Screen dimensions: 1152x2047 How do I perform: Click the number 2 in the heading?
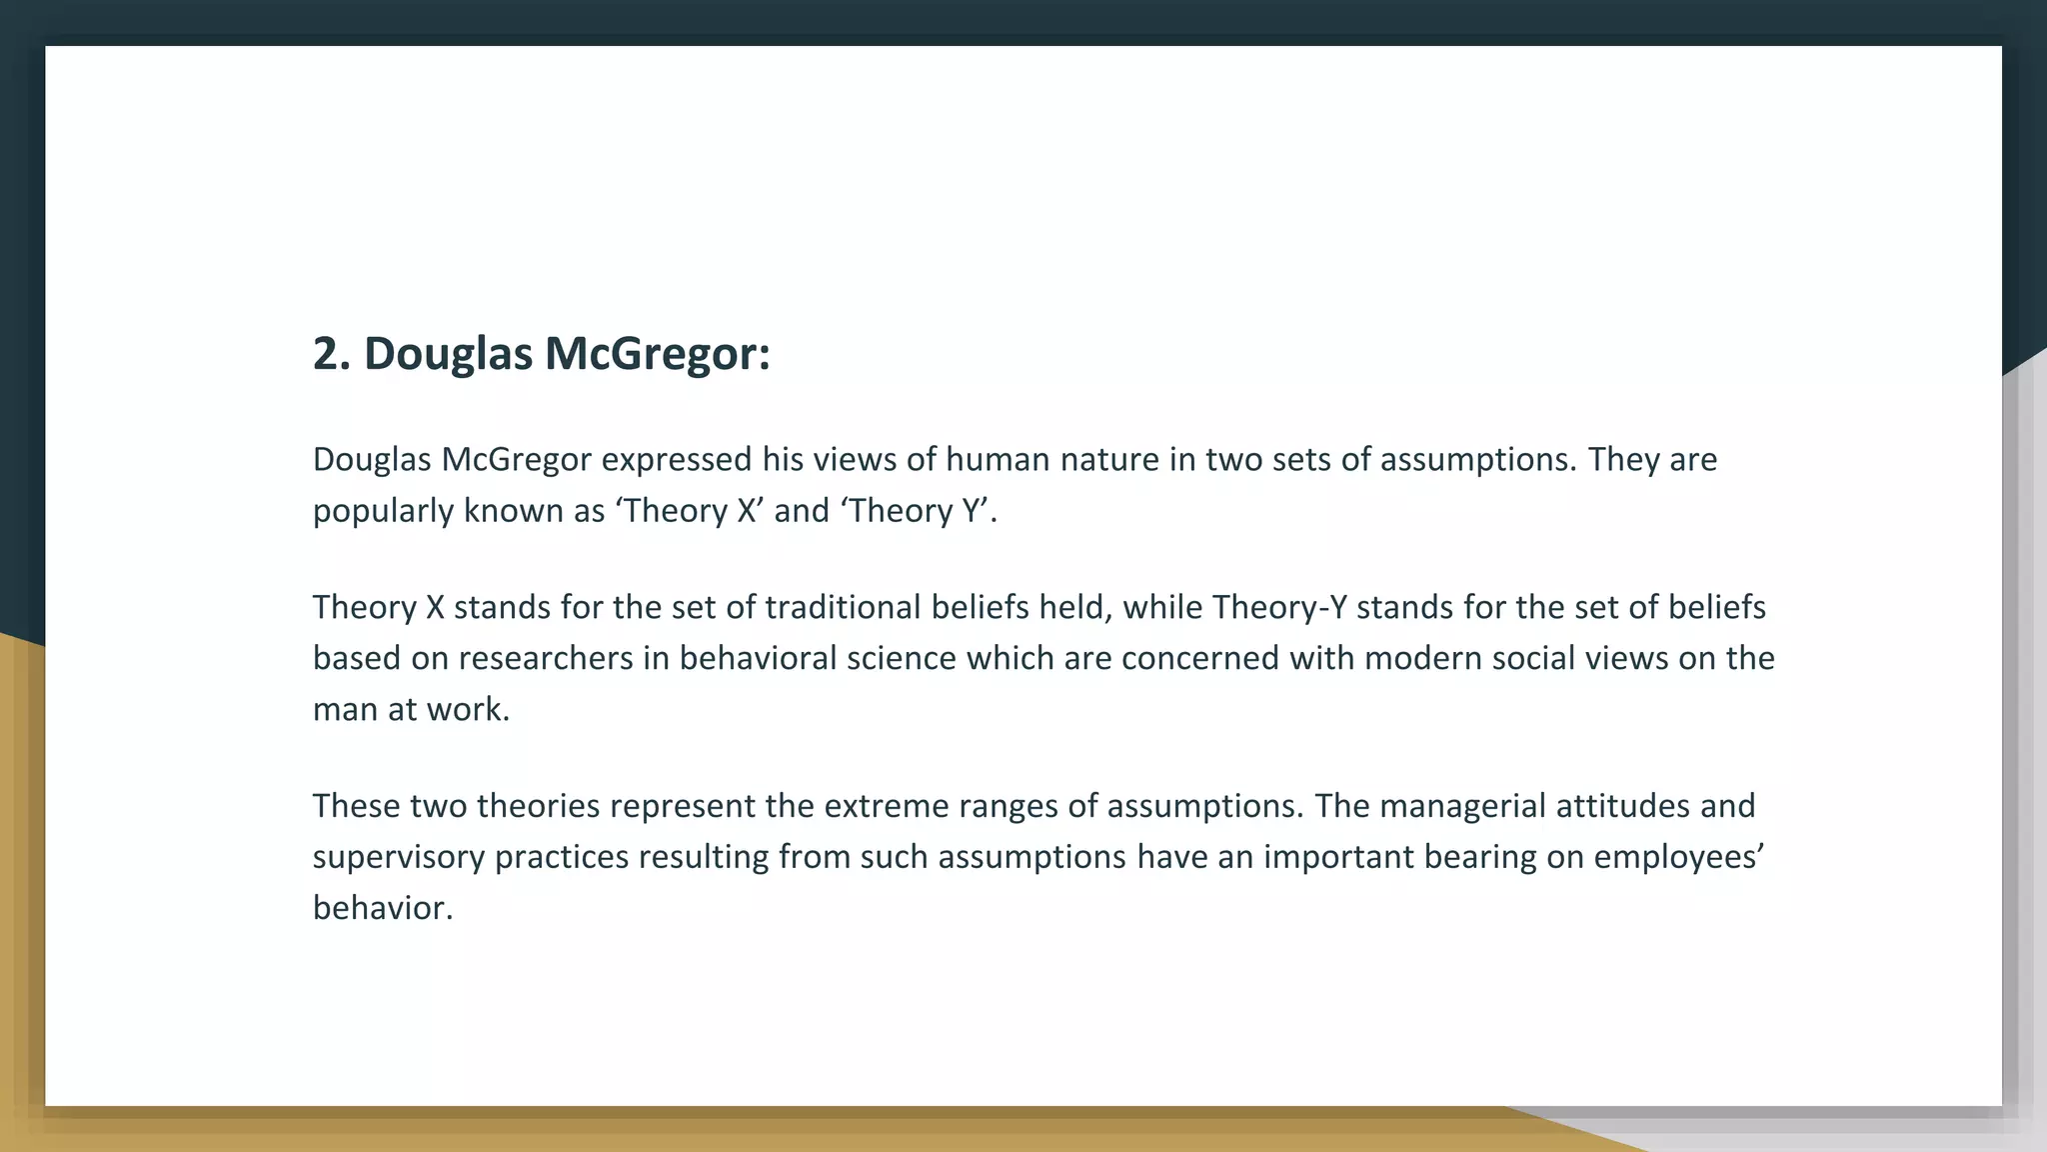tap(326, 354)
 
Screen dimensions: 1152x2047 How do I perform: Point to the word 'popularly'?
tap(383, 512)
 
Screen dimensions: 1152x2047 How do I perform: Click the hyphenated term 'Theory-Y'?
tap(1279, 608)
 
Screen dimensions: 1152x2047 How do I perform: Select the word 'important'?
tap(1338, 858)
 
